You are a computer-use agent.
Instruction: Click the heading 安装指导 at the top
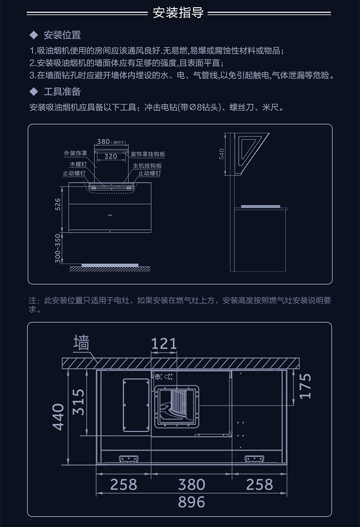coord(179,13)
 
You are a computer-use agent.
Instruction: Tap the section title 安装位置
coord(62,36)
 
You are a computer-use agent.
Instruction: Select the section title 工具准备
coord(62,92)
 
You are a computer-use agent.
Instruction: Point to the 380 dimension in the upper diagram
coord(104,142)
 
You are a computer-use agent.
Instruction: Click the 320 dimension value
coord(111,156)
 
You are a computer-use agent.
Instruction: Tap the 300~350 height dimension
coord(58,248)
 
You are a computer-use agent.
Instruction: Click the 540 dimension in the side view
coord(222,154)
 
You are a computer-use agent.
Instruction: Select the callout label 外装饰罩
coord(75,154)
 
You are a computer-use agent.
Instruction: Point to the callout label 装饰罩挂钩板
coord(147,154)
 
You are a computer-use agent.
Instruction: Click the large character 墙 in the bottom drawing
coord(81,343)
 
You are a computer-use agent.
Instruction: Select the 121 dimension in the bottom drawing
coord(164,343)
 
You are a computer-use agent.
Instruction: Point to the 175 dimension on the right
coord(306,385)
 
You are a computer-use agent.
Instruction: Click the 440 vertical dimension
coord(58,417)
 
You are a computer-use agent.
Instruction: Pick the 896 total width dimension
coord(192,502)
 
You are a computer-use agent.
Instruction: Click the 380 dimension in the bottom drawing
coord(192,484)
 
